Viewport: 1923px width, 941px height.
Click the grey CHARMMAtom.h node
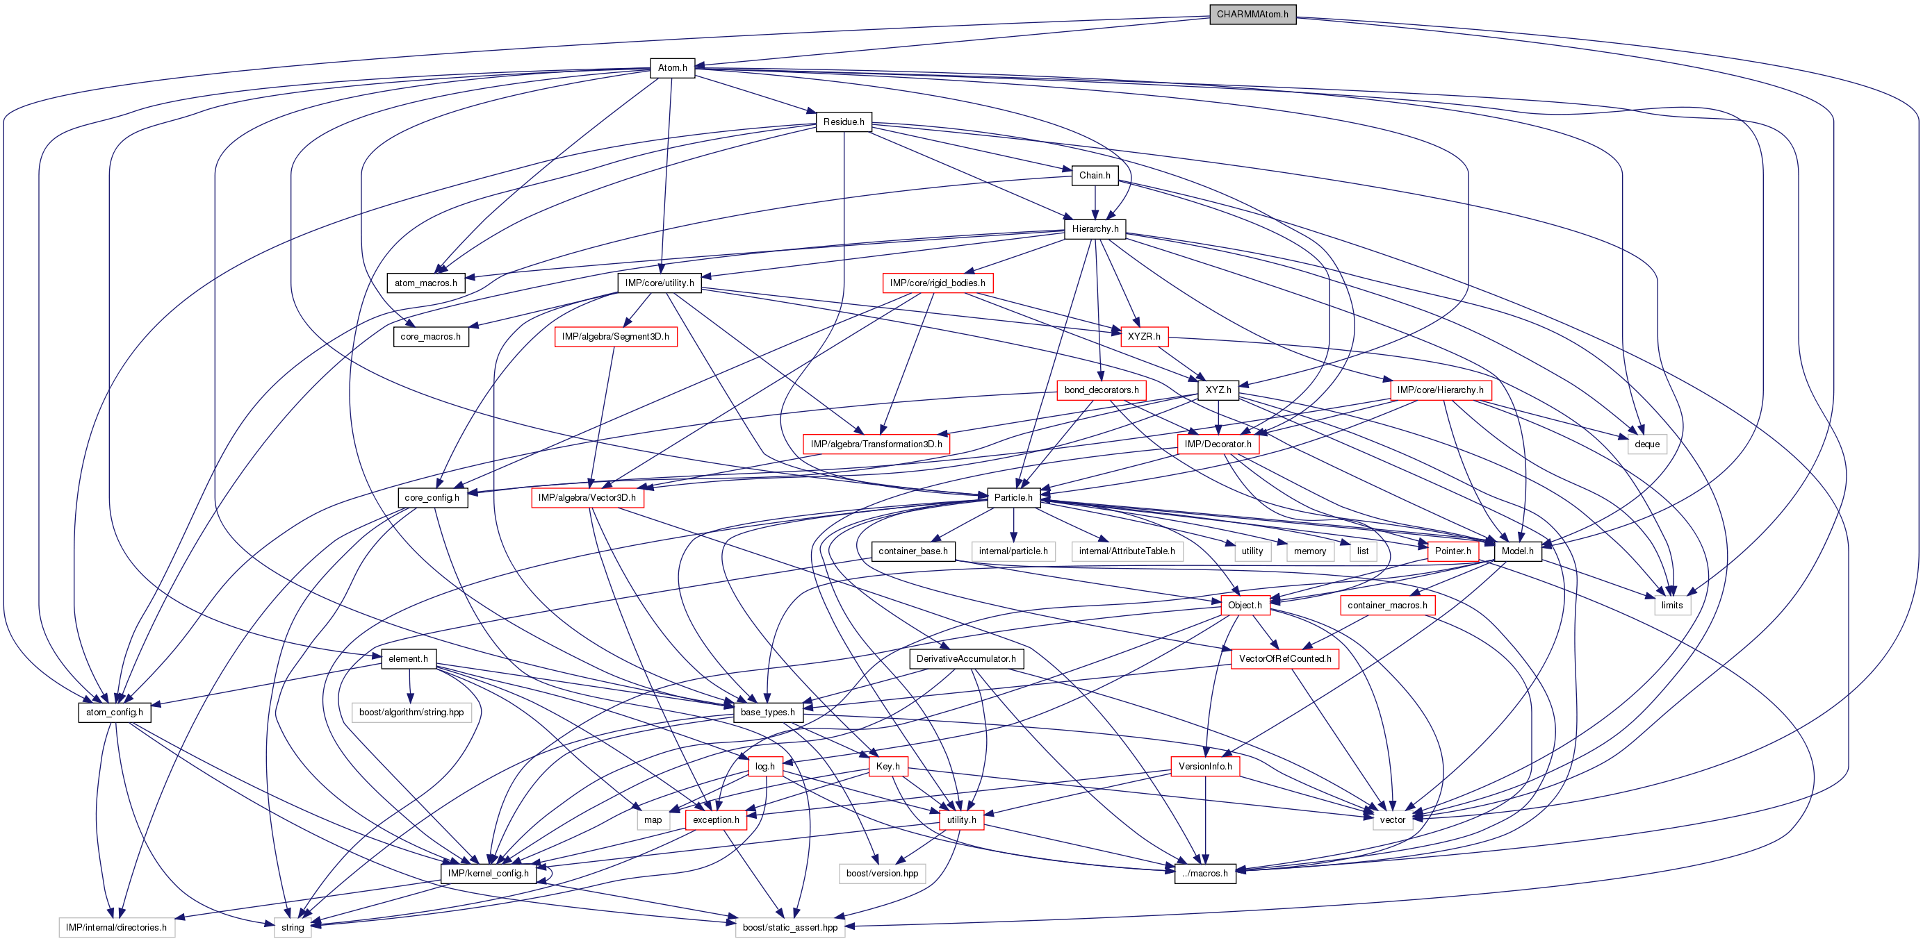[1252, 14]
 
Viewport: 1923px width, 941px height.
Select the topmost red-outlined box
[938, 283]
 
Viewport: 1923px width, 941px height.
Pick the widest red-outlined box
[876, 444]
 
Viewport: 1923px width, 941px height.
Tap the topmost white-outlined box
[1647, 444]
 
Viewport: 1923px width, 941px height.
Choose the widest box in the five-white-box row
[1127, 551]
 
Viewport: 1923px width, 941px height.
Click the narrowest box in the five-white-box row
[1363, 551]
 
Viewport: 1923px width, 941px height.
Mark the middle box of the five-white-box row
[1252, 551]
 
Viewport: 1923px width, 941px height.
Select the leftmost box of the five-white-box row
[1013, 551]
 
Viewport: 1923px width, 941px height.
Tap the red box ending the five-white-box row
[1453, 551]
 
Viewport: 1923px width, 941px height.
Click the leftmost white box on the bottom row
[117, 928]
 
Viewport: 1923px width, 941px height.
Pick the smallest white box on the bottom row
[293, 928]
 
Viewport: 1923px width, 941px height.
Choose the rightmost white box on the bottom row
[789, 928]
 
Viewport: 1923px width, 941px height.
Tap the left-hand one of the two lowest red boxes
[716, 820]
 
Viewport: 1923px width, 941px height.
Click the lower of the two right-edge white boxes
[1672, 605]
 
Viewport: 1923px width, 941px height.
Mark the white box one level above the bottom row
[883, 874]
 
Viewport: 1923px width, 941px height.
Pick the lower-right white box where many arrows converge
[1392, 820]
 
